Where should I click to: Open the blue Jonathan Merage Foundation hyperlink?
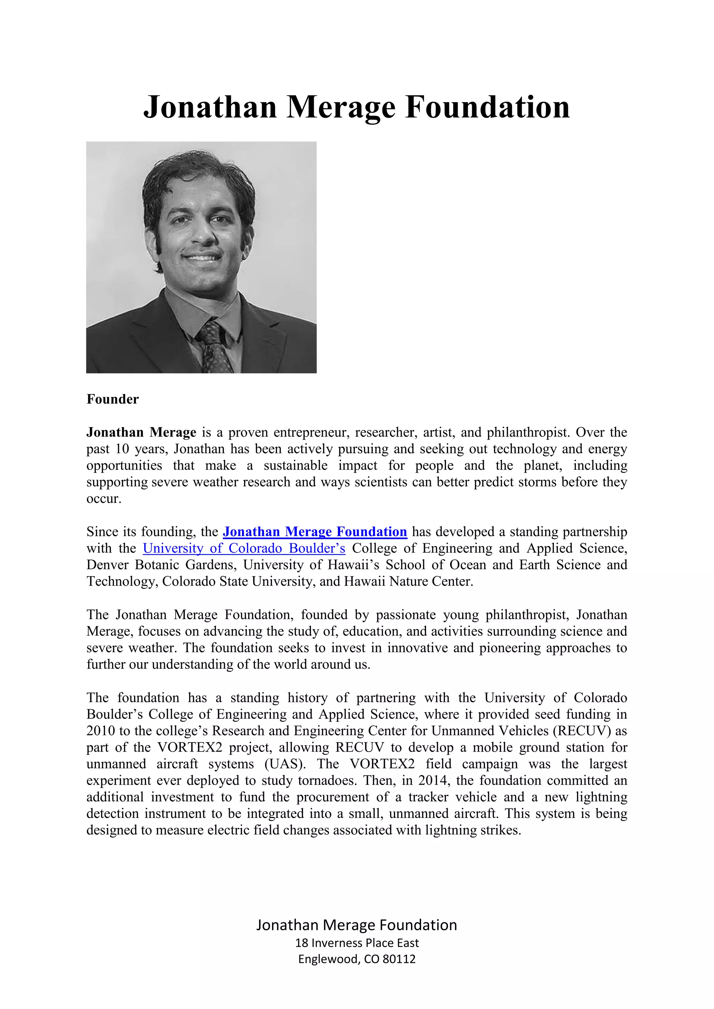315,532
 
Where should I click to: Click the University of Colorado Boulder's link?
244,548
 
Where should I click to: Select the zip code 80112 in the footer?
399,959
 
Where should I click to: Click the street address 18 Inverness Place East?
357,943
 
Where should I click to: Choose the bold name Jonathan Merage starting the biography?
141,432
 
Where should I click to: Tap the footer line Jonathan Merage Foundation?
357,925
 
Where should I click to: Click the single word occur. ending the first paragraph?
104,499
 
